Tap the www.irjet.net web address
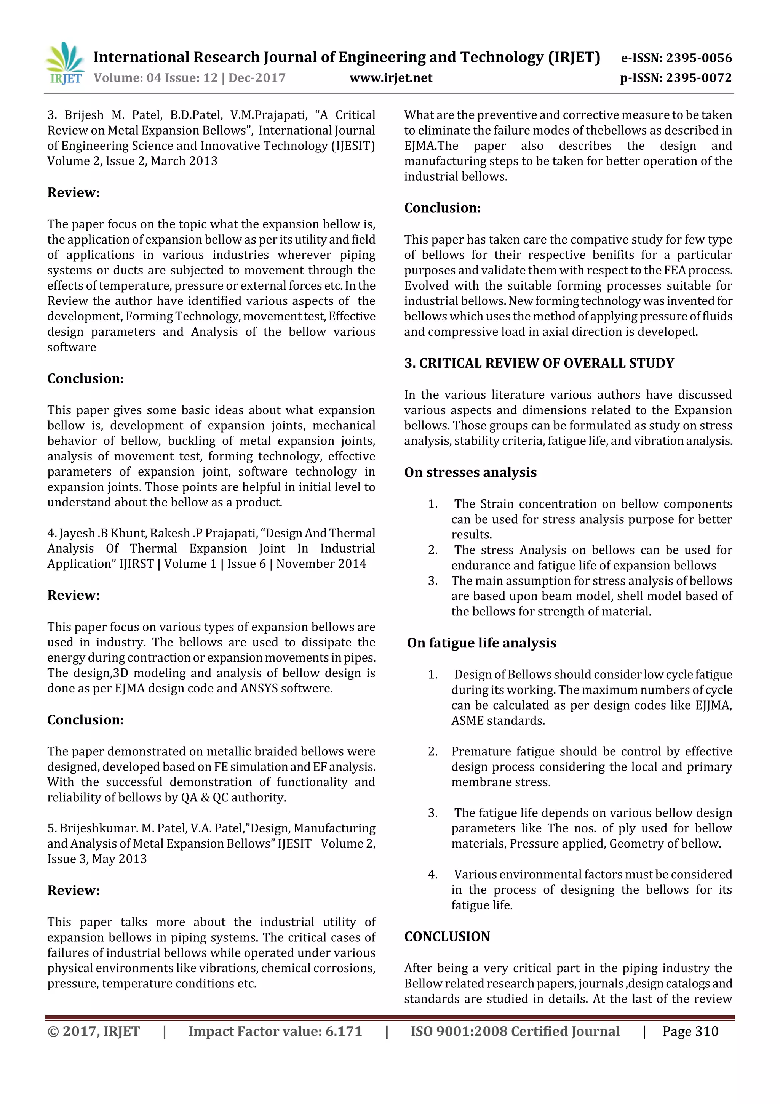tap(391, 78)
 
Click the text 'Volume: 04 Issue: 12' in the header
tap(156, 78)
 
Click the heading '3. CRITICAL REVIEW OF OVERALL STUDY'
tap(539, 363)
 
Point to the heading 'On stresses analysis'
tap(470, 472)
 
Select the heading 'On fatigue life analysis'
tap(481, 643)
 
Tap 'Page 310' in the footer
tap(690, 1031)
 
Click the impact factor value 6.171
tap(343, 1031)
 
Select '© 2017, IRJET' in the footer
tap(93, 1031)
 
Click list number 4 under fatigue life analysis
tap(433, 874)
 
